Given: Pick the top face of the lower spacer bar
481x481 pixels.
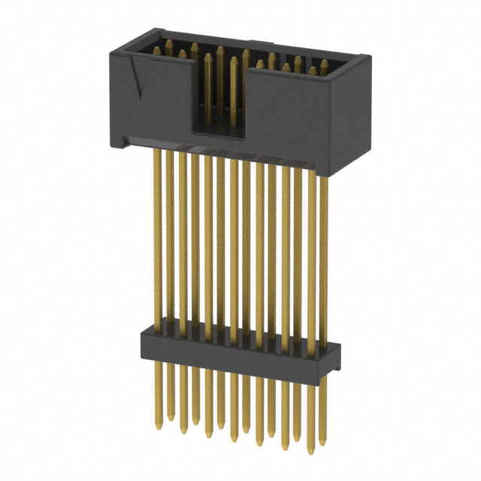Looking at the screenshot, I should (240, 337).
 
